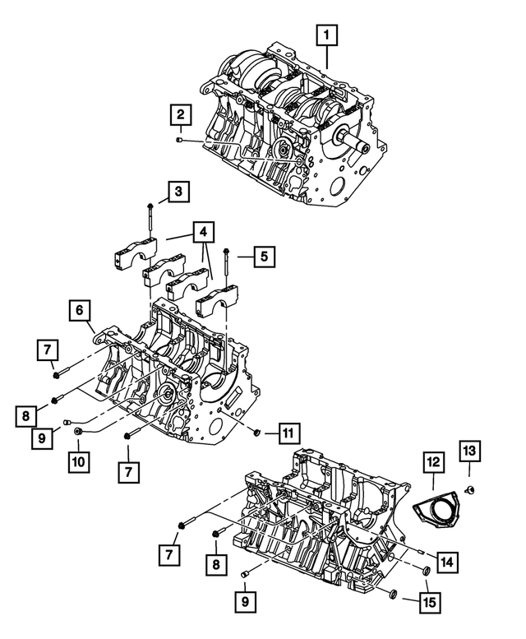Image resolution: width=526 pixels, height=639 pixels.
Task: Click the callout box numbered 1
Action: point(327,35)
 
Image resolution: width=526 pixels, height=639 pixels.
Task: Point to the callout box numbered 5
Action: point(263,257)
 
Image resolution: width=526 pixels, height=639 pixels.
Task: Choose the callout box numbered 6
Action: point(79,311)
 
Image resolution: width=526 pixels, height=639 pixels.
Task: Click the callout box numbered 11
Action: point(288,431)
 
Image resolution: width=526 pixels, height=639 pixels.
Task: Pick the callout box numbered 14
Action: point(446,562)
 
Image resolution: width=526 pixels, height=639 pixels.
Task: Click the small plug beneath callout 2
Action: point(179,141)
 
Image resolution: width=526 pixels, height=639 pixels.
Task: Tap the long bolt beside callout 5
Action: point(227,267)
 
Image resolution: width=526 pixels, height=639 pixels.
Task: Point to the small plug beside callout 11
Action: point(257,431)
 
